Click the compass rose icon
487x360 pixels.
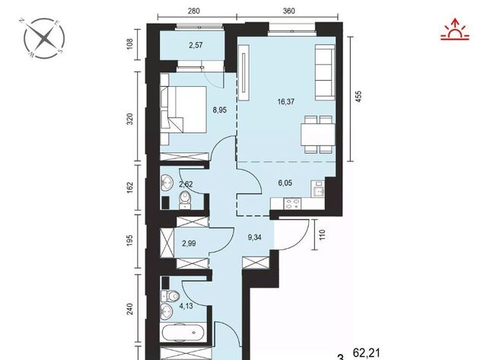[x=44, y=38]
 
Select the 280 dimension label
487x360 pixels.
[x=193, y=11]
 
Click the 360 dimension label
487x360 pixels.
[x=288, y=11]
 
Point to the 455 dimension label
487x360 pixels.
[x=358, y=97]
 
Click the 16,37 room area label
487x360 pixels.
[x=286, y=101]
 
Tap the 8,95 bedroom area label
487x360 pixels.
[x=220, y=110]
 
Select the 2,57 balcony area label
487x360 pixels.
[x=196, y=46]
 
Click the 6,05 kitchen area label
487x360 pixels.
[x=285, y=183]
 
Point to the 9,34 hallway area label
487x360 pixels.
[x=254, y=237]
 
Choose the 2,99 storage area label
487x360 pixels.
[x=189, y=244]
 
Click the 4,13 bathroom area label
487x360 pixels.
[x=186, y=306]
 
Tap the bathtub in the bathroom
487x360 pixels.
[x=184, y=333]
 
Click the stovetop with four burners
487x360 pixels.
[x=292, y=204]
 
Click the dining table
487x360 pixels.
[x=318, y=135]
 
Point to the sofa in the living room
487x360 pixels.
[x=325, y=72]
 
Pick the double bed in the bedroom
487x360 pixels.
[x=183, y=110]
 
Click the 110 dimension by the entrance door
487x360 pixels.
[x=322, y=234]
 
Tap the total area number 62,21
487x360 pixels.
[x=367, y=353]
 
